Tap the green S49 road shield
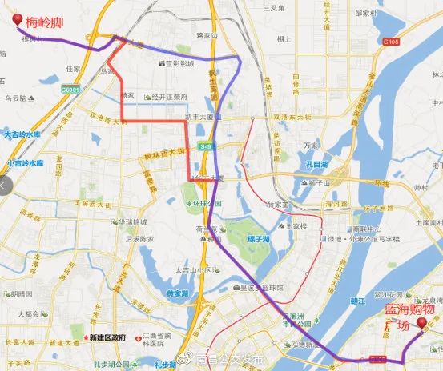point(207,146)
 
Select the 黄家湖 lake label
point(179,293)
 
